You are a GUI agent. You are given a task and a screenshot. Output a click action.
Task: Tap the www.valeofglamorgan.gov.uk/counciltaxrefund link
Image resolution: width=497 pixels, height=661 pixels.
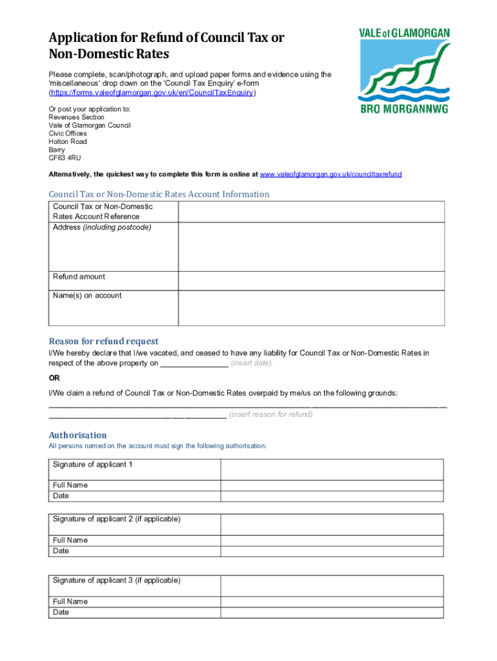(330, 174)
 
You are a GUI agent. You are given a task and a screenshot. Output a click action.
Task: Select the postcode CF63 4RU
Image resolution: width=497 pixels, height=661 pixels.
(65, 158)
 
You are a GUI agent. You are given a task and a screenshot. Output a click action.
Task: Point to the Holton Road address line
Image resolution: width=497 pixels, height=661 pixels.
(68, 141)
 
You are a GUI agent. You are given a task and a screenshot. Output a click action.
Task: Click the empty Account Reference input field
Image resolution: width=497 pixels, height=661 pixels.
(311, 212)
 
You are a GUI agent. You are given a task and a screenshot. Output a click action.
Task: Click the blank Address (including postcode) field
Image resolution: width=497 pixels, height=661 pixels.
(311, 247)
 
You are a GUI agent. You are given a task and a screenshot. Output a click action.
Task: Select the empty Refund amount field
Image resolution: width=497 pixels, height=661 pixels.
(311, 281)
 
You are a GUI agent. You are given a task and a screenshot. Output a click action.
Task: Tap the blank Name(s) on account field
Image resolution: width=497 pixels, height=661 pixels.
(311, 308)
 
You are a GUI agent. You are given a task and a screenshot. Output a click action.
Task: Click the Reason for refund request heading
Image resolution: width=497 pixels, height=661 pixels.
(103, 341)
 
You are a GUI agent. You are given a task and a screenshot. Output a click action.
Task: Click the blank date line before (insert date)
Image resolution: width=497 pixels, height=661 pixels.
(194, 363)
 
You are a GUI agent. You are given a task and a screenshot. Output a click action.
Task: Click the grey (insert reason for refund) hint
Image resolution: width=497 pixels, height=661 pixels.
(271, 414)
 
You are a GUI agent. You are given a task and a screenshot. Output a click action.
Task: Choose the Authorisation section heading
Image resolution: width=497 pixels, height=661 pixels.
(77, 435)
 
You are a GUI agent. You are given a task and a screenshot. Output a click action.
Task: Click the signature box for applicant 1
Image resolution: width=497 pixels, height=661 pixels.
(332, 469)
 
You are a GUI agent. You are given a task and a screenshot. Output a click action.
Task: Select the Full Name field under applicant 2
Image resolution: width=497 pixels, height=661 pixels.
(332, 540)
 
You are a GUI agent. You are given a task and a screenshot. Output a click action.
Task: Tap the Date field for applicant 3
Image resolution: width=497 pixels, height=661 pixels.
(332, 613)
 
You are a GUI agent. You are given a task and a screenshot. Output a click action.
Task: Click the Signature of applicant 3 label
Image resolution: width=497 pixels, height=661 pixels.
(116, 580)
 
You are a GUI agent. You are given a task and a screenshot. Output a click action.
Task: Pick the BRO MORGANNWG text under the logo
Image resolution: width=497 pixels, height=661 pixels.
(405, 108)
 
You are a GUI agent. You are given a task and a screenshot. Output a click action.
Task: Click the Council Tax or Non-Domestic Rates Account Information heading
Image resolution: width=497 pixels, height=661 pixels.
(159, 194)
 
